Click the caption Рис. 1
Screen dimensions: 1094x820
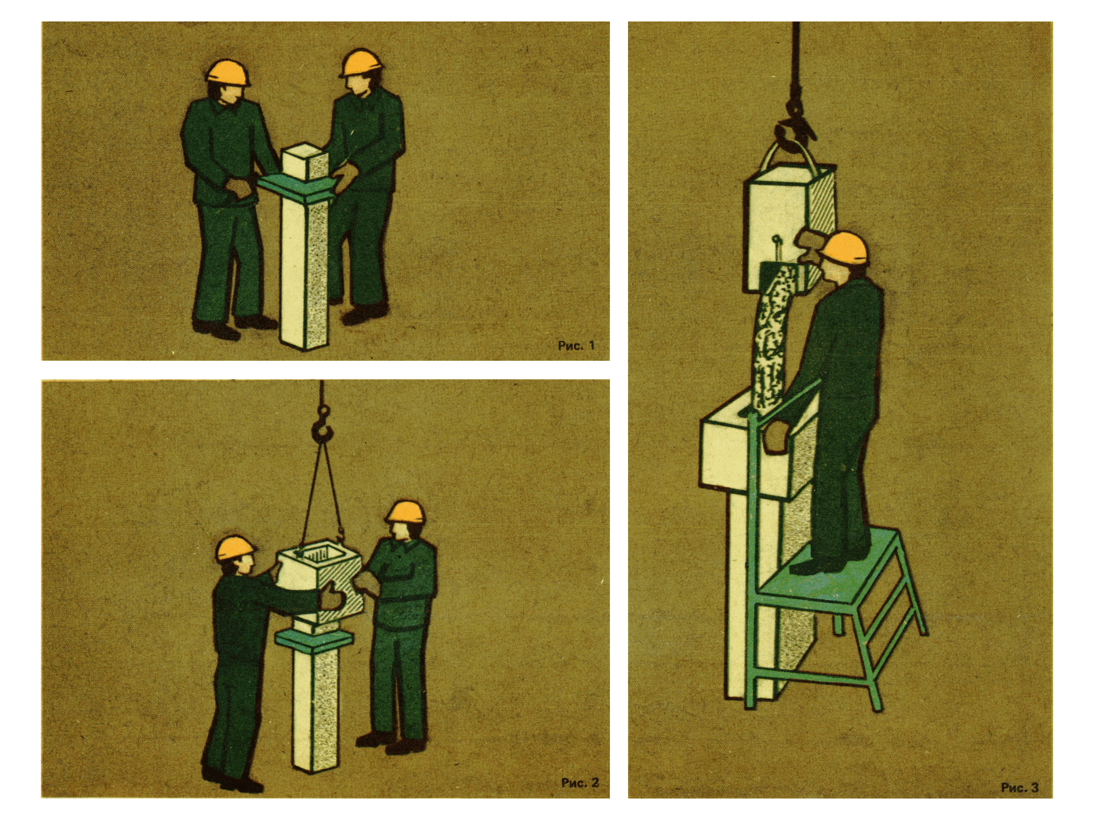point(576,346)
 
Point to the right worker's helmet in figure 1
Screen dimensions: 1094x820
point(362,62)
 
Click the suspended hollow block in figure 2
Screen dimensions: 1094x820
point(319,586)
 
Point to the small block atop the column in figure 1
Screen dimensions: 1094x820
point(306,162)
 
